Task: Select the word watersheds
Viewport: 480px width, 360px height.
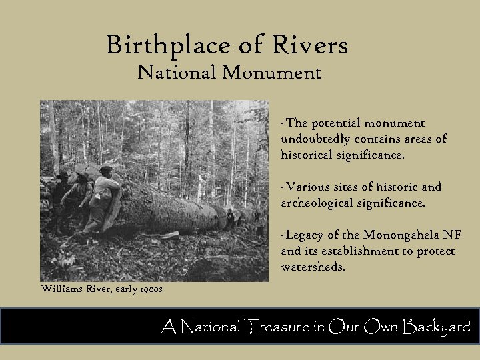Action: [314, 267]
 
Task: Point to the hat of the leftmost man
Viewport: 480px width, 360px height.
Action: [62, 175]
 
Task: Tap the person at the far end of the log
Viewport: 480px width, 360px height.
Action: [230, 215]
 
